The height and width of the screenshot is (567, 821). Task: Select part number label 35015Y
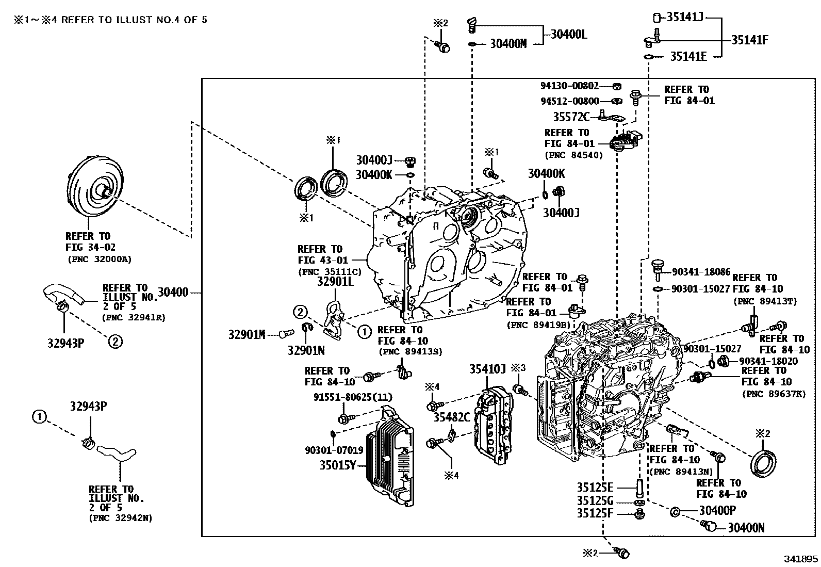338,465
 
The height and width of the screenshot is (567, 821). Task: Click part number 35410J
487,369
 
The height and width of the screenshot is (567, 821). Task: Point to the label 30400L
569,35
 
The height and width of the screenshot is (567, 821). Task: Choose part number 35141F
750,40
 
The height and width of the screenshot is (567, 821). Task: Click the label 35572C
571,117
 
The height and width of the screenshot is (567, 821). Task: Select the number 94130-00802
569,87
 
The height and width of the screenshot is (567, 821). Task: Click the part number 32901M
247,335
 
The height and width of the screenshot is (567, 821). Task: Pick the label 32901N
306,350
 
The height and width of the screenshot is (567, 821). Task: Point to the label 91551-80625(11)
353,397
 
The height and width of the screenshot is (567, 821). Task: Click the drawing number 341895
801,559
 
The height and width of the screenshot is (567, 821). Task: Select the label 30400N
746,527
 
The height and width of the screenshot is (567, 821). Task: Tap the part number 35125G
595,500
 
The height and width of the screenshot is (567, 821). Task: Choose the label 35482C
451,417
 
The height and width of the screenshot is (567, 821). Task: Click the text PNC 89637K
774,394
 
